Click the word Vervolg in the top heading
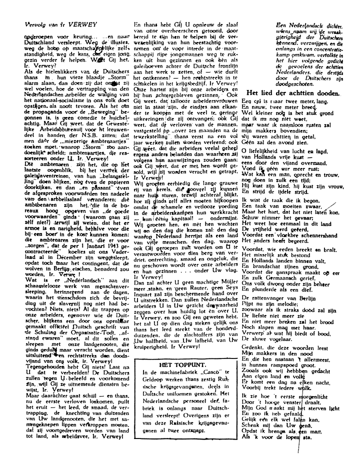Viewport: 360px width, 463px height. click(x=23, y=22)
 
